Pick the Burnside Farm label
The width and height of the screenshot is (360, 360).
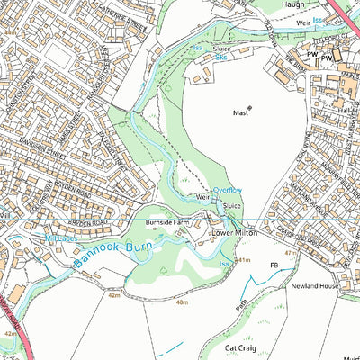[162, 221]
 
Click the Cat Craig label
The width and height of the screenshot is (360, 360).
[241, 345]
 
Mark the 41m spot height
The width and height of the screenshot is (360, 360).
[241, 259]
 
